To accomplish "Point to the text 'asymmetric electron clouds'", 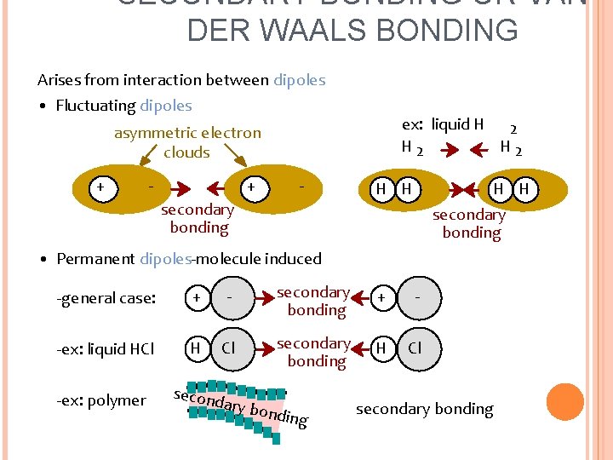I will (x=187, y=142).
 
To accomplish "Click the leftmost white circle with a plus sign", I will (x=102, y=187).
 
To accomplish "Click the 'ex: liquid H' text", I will (x=443, y=124).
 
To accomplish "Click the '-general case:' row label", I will (x=106, y=298).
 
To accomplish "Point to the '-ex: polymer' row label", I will (x=100, y=400).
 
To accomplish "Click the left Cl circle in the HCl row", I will (x=229, y=348).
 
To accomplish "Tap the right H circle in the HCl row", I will (x=382, y=348).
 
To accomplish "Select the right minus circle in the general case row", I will (x=416, y=298).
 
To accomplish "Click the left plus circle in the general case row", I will (x=197, y=298).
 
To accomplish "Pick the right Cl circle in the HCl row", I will (x=415, y=348).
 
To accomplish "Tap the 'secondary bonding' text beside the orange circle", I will (x=424, y=409).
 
